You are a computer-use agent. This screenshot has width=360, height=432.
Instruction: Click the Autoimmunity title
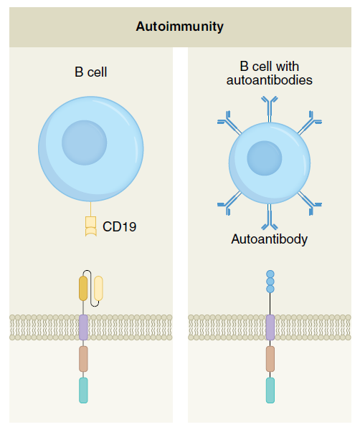pyautogui.click(x=179, y=27)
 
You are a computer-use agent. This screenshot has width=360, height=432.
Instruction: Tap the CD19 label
pyautogui.click(x=120, y=226)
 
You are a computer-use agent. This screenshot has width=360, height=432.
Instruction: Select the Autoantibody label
pyautogui.click(x=269, y=239)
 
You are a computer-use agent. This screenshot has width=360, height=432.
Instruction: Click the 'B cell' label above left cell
pyautogui.click(x=91, y=72)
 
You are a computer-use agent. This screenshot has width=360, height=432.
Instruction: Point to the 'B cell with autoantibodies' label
pyautogui.click(x=269, y=73)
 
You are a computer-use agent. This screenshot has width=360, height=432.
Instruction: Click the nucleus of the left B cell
pyautogui.click(x=84, y=143)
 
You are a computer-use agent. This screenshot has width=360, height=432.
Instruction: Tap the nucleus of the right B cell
pyautogui.click(x=265, y=158)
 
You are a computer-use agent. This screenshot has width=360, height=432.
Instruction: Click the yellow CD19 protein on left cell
pyautogui.click(x=91, y=226)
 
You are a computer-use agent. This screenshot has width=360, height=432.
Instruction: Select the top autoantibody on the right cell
pyautogui.click(x=270, y=108)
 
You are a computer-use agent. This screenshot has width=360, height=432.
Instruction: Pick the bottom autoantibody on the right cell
pyautogui.click(x=270, y=217)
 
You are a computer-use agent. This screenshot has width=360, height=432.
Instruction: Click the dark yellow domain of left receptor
pyautogui.click(x=83, y=288)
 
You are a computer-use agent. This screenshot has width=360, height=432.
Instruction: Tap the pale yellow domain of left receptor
pyautogui.click(x=98, y=288)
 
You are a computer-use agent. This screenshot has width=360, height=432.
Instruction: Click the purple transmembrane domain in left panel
pyautogui.click(x=83, y=327)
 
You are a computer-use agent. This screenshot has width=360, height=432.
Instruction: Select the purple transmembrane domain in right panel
pyautogui.click(x=270, y=327)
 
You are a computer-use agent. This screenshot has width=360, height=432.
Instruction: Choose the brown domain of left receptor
pyautogui.click(x=83, y=359)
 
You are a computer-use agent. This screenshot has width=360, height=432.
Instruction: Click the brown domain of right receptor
pyautogui.click(x=270, y=359)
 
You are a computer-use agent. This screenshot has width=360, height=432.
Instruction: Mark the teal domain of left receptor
pyautogui.click(x=83, y=390)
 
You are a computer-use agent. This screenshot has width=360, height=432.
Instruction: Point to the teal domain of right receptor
pyautogui.click(x=270, y=390)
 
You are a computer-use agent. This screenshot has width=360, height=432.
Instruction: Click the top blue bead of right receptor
pyautogui.click(x=270, y=274)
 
